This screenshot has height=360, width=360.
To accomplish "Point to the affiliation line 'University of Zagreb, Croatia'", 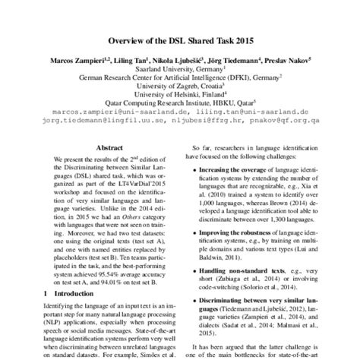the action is pos(179,86).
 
